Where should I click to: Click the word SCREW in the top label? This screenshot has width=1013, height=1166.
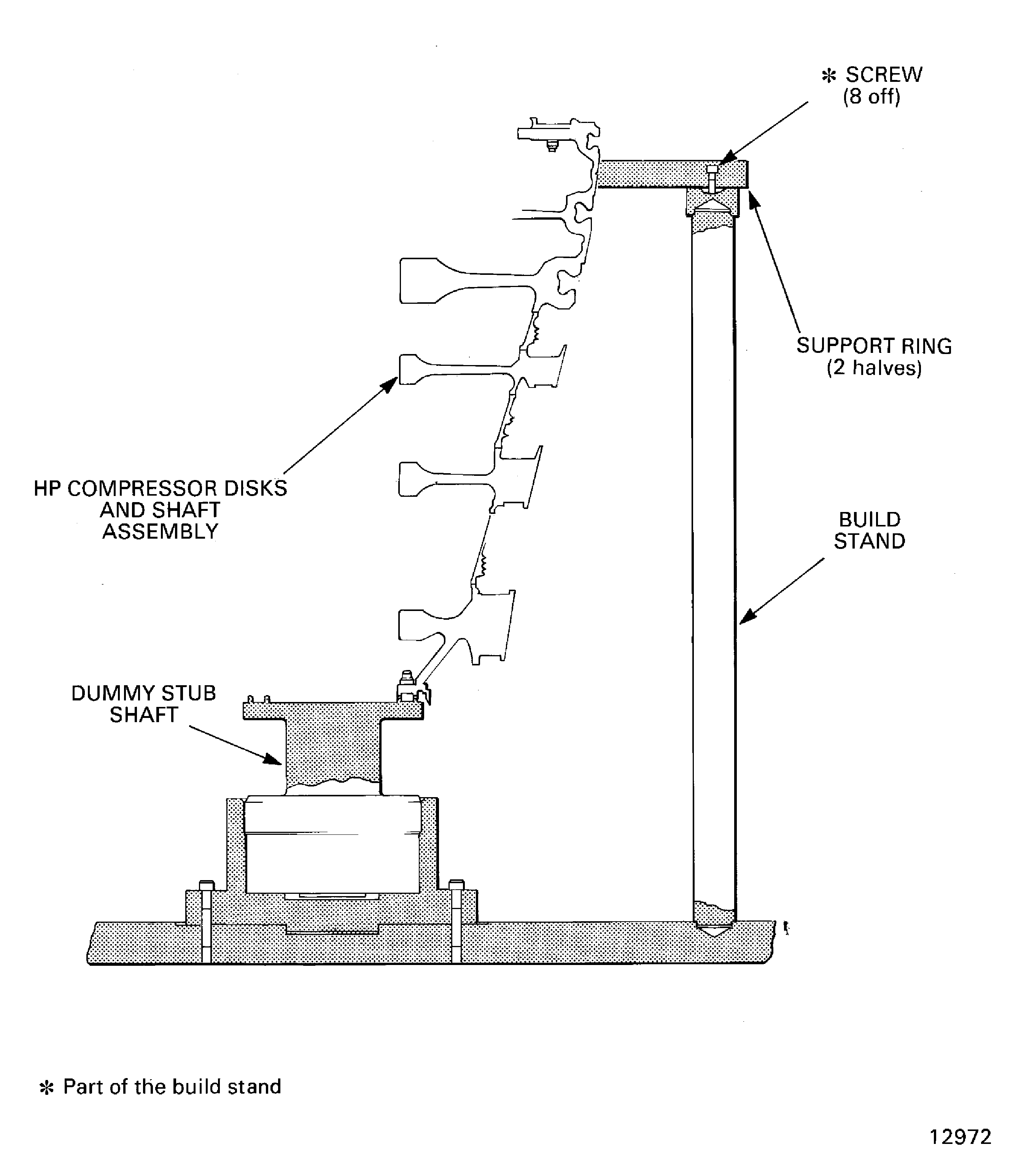884,75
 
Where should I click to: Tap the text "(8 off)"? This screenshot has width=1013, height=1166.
871,97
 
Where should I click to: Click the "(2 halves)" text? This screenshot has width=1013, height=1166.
874,368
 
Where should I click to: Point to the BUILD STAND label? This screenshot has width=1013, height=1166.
870,530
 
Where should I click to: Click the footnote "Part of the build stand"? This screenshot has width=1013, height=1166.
172,1086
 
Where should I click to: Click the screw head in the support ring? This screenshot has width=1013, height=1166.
712,169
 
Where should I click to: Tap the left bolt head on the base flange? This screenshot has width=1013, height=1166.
206,885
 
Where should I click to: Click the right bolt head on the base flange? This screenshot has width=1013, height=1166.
456,884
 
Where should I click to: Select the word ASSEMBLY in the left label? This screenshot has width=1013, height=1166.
160,531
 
